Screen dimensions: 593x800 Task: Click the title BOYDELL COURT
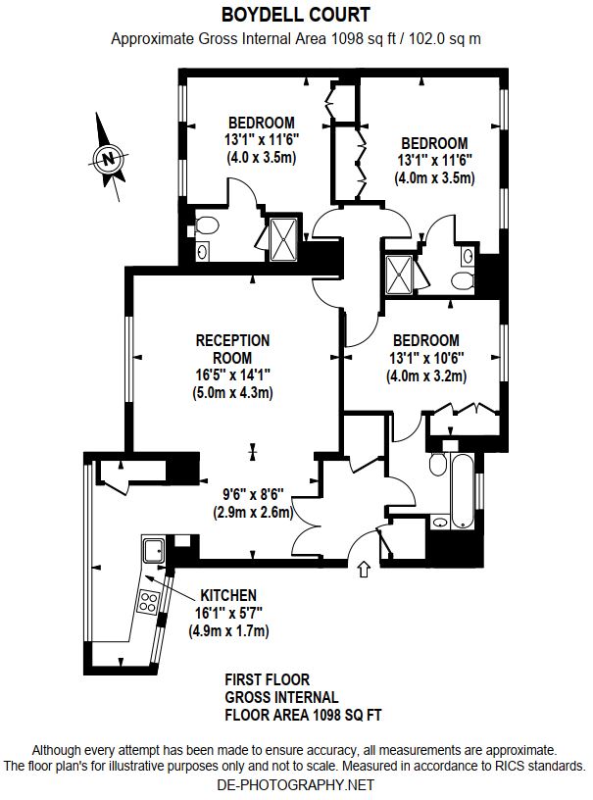(x=296, y=15)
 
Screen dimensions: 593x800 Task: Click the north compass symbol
(x=108, y=157)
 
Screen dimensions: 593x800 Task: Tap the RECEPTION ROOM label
(x=232, y=349)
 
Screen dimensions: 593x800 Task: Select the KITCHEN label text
(x=228, y=595)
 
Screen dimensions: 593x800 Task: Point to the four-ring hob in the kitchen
(x=148, y=602)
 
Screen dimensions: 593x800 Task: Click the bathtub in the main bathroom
(x=462, y=491)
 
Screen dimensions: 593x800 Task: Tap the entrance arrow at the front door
(x=364, y=569)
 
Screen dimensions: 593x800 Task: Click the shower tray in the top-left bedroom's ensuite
(x=283, y=239)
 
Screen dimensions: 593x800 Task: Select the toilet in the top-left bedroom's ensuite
(x=207, y=225)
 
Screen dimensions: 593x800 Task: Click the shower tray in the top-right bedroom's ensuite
(x=400, y=275)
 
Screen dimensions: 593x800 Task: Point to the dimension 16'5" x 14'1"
(x=232, y=375)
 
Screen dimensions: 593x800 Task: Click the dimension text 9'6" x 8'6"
(x=253, y=494)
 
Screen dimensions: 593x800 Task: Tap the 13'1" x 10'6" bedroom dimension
(x=426, y=358)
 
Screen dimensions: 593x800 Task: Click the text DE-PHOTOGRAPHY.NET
(x=296, y=784)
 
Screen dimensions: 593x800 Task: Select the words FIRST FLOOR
(x=268, y=679)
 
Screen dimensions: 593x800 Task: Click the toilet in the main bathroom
(x=438, y=464)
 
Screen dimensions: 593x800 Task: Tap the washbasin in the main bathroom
(x=440, y=523)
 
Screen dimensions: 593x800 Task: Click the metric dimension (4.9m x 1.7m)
(x=229, y=631)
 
